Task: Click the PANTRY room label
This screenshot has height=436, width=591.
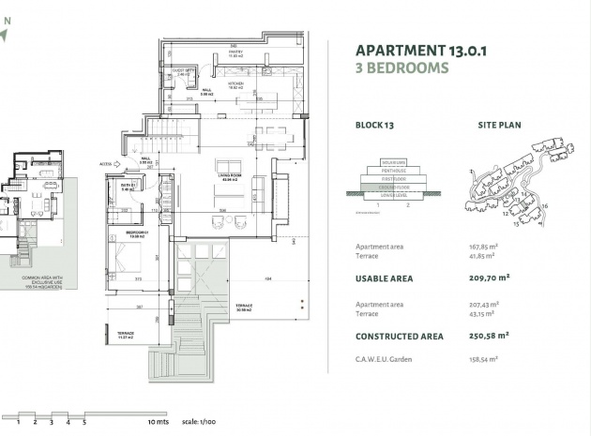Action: [235, 53]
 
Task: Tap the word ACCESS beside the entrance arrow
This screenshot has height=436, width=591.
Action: [105, 163]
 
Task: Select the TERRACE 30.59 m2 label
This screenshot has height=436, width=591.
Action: [244, 308]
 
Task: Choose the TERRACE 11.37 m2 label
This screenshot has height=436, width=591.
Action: [126, 335]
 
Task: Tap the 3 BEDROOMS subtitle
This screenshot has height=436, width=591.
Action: [402, 68]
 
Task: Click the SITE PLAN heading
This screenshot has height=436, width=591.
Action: [500, 125]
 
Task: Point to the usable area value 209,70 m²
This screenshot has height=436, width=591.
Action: [490, 278]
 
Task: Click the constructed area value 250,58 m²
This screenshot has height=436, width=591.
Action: [490, 335]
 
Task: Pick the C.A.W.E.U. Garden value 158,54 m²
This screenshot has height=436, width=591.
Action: [485, 359]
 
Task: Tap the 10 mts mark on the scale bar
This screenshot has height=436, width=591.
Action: [157, 423]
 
